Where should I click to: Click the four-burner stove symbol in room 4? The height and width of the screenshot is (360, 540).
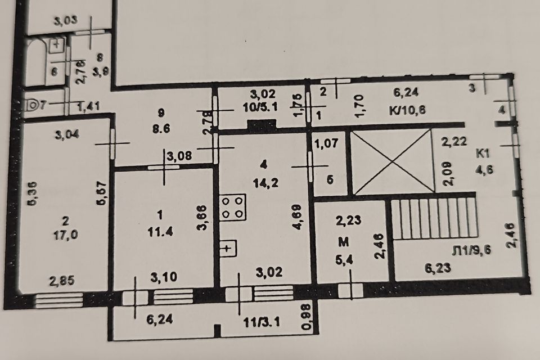point(233,208)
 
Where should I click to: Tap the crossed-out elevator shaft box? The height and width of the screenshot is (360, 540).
point(389,163)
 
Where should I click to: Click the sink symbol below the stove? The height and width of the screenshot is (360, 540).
point(227,247)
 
